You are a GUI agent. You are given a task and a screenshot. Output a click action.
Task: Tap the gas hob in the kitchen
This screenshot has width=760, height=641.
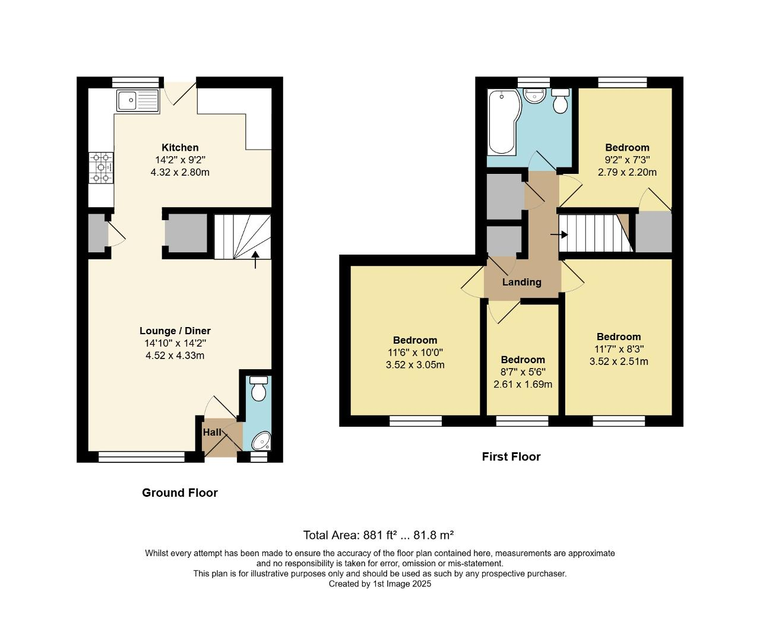pyautogui.click(x=101, y=168)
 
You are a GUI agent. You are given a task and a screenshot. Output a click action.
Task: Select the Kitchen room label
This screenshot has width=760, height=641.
pyautogui.click(x=180, y=147)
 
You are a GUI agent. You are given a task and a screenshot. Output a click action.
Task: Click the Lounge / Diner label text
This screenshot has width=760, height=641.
pyautogui.click(x=175, y=331)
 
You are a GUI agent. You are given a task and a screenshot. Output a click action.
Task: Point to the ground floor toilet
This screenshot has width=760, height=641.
pyautogui.click(x=258, y=389)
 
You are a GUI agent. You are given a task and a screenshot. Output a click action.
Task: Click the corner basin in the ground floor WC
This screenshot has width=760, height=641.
pyautogui.click(x=261, y=442)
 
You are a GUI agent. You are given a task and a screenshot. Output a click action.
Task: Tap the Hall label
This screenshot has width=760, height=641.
pyautogui.click(x=212, y=433)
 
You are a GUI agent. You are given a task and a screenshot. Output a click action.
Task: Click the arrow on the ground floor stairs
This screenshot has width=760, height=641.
pyautogui.click(x=255, y=259)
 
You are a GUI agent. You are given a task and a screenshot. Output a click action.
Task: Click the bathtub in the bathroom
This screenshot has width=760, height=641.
pyautogui.click(x=502, y=122)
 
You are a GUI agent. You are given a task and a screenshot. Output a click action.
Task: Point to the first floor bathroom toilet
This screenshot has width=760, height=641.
pyautogui.click(x=560, y=102)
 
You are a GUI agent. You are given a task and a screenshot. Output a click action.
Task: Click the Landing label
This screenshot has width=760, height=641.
pyautogui.click(x=522, y=282)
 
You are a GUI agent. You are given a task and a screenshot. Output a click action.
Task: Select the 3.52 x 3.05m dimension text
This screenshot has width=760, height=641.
pyautogui.click(x=415, y=364)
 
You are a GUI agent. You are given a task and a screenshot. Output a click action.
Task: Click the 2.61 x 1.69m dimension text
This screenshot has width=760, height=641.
pyautogui.click(x=522, y=384)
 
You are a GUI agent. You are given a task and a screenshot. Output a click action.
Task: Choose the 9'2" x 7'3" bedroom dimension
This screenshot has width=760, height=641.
pyautogui.click(x=627, y=160)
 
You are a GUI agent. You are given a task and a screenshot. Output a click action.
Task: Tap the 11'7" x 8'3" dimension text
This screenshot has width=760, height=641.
pyautogui.click(x=619, y=349)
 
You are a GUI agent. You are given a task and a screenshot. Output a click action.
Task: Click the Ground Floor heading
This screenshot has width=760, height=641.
pyautogui.click(x=180, y=493)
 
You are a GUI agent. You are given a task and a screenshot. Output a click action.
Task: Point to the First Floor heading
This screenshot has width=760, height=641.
pyautogui.click(x=511, y=456)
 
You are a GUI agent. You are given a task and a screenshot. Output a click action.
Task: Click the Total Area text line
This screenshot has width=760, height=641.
pyautogui.click(x=378, y=535)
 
